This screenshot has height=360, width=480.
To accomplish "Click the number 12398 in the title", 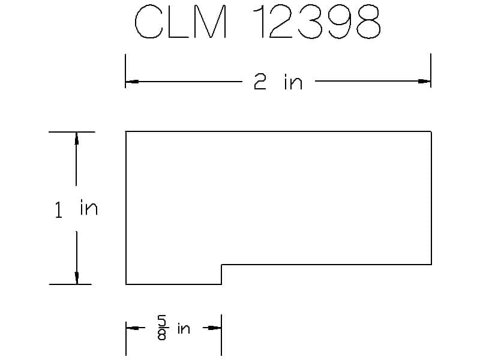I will (318, 23).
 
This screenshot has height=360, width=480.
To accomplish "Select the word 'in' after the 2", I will (293, 82).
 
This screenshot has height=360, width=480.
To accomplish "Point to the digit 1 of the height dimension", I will (58, 211).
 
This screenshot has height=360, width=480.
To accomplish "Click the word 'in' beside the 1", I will (88, 208).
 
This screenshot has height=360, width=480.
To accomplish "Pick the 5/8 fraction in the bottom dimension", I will (162, 328).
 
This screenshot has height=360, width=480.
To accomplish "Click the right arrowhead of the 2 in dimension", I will (425, 81).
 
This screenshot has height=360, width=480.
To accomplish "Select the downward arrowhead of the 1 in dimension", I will (76, 278).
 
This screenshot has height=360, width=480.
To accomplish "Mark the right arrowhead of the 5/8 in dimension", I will (215, 328).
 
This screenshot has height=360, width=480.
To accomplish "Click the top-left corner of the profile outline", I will (126, 131).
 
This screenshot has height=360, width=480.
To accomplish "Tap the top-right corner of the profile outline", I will (431, 131).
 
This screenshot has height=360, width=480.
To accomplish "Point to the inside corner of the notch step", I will (222, 265).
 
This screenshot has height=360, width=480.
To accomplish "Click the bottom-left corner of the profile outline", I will (126, 284).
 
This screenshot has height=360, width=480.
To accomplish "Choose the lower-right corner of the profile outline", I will (431, 265).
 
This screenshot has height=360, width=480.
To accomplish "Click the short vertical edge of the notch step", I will (222, 274).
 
